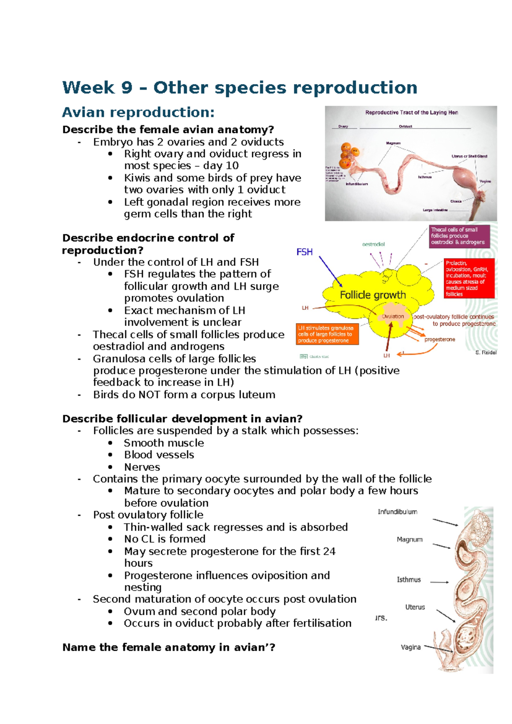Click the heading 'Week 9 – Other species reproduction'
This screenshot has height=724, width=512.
[x=240, y=88]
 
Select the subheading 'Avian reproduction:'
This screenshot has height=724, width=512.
[x=138, y=112]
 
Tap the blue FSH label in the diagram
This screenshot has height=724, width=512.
[x=305, y=252]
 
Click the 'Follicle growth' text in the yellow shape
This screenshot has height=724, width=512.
[x=372, y=295]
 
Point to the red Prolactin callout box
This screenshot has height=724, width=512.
[x=469, y=278]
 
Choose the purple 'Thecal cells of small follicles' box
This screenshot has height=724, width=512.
[x=460, y=236]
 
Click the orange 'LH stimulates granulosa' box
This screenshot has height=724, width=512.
[x=327, y=334]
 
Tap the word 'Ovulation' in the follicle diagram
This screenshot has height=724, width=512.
[x=393, y=316]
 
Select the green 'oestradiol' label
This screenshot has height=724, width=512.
[x=373, y=244]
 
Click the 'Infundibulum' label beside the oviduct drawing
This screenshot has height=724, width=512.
[x=397, y=512]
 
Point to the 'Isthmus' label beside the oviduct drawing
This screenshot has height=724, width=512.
[x=409, y=580]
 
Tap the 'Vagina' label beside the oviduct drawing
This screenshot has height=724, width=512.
[x=410, y=647]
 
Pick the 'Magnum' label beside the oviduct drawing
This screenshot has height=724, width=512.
[x=410, y=540]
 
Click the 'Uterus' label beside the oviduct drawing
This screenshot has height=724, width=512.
[x=415, y=607]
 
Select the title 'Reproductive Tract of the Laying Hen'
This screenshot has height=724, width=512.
[x=411, y=113]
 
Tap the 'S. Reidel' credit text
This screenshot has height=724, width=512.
[x=486, y=353]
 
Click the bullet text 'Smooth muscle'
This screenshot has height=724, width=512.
[x=164, y=443]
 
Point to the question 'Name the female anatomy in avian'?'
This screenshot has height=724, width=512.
[x=169, y=648]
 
